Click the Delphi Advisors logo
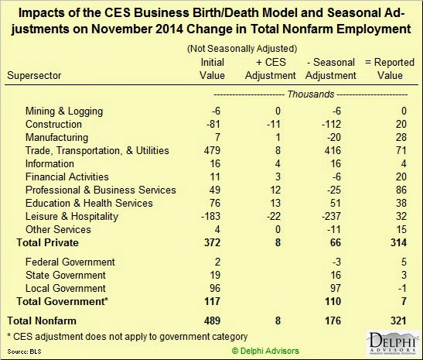click(x=393, y=343)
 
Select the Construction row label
click(x=53, y=124)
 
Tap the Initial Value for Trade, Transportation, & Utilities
click(x=212, y=150)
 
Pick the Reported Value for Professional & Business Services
click(x=401, y=190)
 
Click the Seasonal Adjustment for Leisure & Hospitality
click(x=331, y=216)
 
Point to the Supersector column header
click(x=34, y=75)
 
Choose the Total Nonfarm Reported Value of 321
click(x=398, y=321)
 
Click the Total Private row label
click(x=47, y=242)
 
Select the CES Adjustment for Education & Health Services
click(x=275, y=203)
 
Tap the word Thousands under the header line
click(x=311, y=94)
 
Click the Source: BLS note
click(x=24, y=351)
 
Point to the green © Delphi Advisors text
click(x=265, y=351)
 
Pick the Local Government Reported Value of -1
click(x=402, y=288)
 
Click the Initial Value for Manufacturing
click(x=217, y=137)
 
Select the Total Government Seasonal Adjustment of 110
click(x=333, y=301)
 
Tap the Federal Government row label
click(x=70, y=262)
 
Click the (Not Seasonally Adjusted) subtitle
click(x=242, y=49)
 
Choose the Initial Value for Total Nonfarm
click(x=212, y=321)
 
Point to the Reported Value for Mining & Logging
click(x=404, y=111)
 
